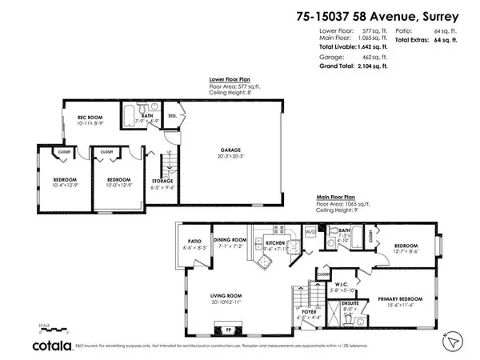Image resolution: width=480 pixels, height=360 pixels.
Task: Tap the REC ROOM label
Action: coord(75,119)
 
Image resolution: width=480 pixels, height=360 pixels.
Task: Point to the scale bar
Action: coord(52,327)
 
